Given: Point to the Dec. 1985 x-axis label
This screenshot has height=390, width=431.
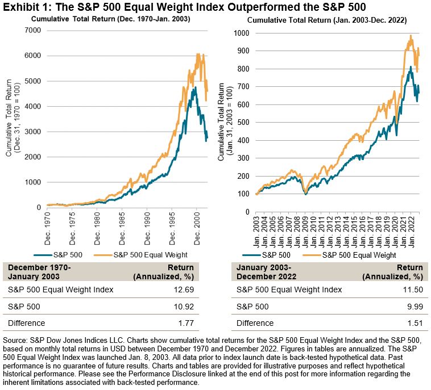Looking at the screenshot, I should (x=123, y=224).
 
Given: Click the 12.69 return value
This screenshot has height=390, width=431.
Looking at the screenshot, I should (x=183, y=290).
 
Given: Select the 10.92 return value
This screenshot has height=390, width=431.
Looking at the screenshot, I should (x=183, y=307).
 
